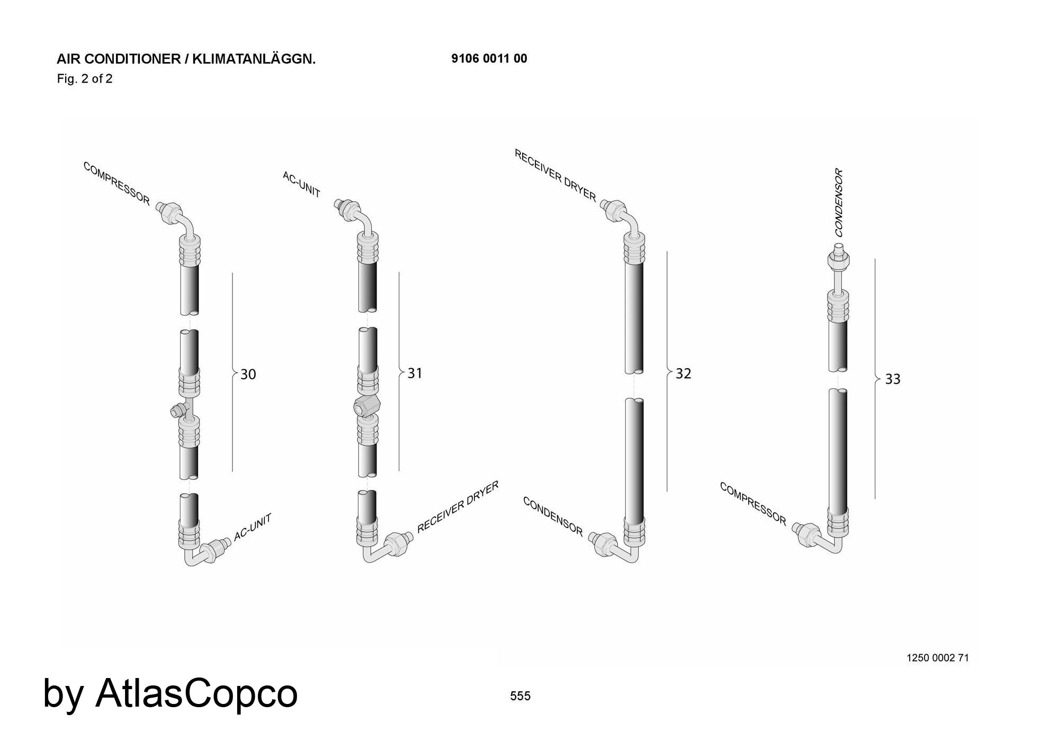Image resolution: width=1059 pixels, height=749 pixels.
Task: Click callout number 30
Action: click(x=248, y=374)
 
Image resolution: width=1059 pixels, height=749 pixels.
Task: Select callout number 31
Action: click(x=415, y=373)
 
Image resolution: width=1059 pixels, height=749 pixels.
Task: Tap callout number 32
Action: click(x=684, y=374)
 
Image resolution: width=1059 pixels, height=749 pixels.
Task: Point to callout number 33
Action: click(x=893, y=379)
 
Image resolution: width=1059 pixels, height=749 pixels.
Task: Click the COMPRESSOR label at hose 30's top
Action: click(x=116, y=183)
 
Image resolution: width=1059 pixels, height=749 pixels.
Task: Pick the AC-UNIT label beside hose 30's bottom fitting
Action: click(x=253, y=527)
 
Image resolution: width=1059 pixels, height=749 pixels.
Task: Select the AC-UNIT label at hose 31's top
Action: click(x=301, y=184)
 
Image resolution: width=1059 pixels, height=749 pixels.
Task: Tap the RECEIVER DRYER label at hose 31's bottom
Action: click(x=458, y=507)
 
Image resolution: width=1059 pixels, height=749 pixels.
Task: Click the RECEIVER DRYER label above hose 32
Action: click(x=555, y=175)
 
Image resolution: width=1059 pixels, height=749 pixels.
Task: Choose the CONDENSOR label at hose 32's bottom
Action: click(x=553, y=516)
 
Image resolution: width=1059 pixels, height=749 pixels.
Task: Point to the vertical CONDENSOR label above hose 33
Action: click(x=839, y=202)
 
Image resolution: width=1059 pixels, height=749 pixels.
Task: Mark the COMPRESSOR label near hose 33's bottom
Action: click(x=753, y=504)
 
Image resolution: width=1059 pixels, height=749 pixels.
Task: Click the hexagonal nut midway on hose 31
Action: click(x=366, y=406)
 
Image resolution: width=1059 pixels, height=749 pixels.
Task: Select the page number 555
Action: click(x=520, y=696)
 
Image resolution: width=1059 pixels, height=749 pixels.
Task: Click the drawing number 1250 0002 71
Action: click(x=938, y=658)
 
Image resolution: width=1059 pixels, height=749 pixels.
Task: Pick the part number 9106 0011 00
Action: click(x=489, y=59)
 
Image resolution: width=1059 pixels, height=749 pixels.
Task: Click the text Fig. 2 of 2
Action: click(x=85, y=79)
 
